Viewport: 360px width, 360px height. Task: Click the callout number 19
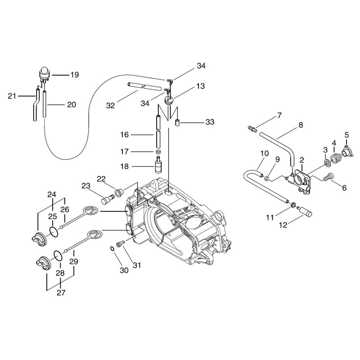click(75, 75)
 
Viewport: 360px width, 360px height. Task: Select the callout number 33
click(210, 122)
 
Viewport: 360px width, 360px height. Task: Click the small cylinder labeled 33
click(177, 123)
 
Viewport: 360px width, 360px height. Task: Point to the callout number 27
click(61, 293)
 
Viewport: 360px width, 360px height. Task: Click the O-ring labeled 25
click(54, 232)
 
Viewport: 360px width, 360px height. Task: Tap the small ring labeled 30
click(112, 249)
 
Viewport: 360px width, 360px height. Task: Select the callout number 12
click(283, 225)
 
